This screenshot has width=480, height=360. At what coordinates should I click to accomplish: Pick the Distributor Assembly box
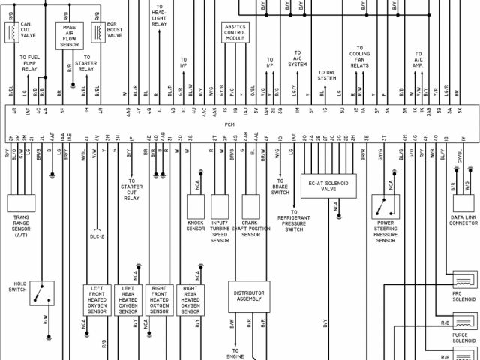248,296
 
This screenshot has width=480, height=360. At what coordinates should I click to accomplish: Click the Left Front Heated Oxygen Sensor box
97,300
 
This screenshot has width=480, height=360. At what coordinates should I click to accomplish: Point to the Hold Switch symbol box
42,294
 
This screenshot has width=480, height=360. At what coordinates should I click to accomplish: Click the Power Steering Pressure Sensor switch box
385,206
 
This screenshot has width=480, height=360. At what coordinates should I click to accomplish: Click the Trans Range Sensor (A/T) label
21,225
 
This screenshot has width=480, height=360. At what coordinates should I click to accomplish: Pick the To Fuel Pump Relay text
29,63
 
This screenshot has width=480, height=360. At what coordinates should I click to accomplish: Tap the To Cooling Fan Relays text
359,59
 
